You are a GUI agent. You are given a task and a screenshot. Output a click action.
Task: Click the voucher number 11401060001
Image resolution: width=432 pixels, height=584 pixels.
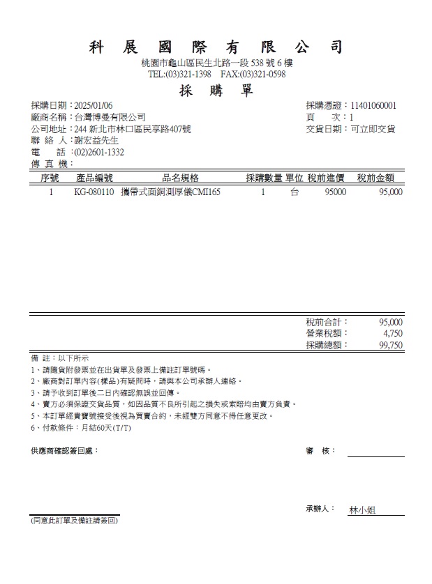(373, 105)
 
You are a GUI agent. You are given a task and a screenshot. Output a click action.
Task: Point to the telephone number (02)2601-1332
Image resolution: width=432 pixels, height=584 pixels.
(99, 152)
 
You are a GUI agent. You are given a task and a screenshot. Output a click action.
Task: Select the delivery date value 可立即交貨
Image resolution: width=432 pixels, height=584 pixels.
(373, 129)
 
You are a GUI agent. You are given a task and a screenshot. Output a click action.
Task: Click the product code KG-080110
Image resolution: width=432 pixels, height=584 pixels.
(94, 192)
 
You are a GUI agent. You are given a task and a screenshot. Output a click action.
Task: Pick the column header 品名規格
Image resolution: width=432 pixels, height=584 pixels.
(181, 178)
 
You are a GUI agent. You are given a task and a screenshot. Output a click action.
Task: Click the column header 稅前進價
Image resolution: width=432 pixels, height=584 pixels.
(327, 178)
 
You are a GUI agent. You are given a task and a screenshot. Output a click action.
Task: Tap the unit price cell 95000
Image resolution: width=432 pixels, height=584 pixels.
(335, 192)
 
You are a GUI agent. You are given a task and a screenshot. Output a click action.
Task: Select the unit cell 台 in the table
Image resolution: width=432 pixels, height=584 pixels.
(295, 192)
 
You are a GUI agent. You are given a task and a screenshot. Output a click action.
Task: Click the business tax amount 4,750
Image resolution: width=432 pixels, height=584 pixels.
(393, 333)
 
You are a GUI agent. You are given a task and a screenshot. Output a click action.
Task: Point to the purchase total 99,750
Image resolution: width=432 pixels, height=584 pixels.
(390, 345)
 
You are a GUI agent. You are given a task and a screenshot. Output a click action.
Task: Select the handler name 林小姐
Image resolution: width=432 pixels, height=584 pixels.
(362, 511)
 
